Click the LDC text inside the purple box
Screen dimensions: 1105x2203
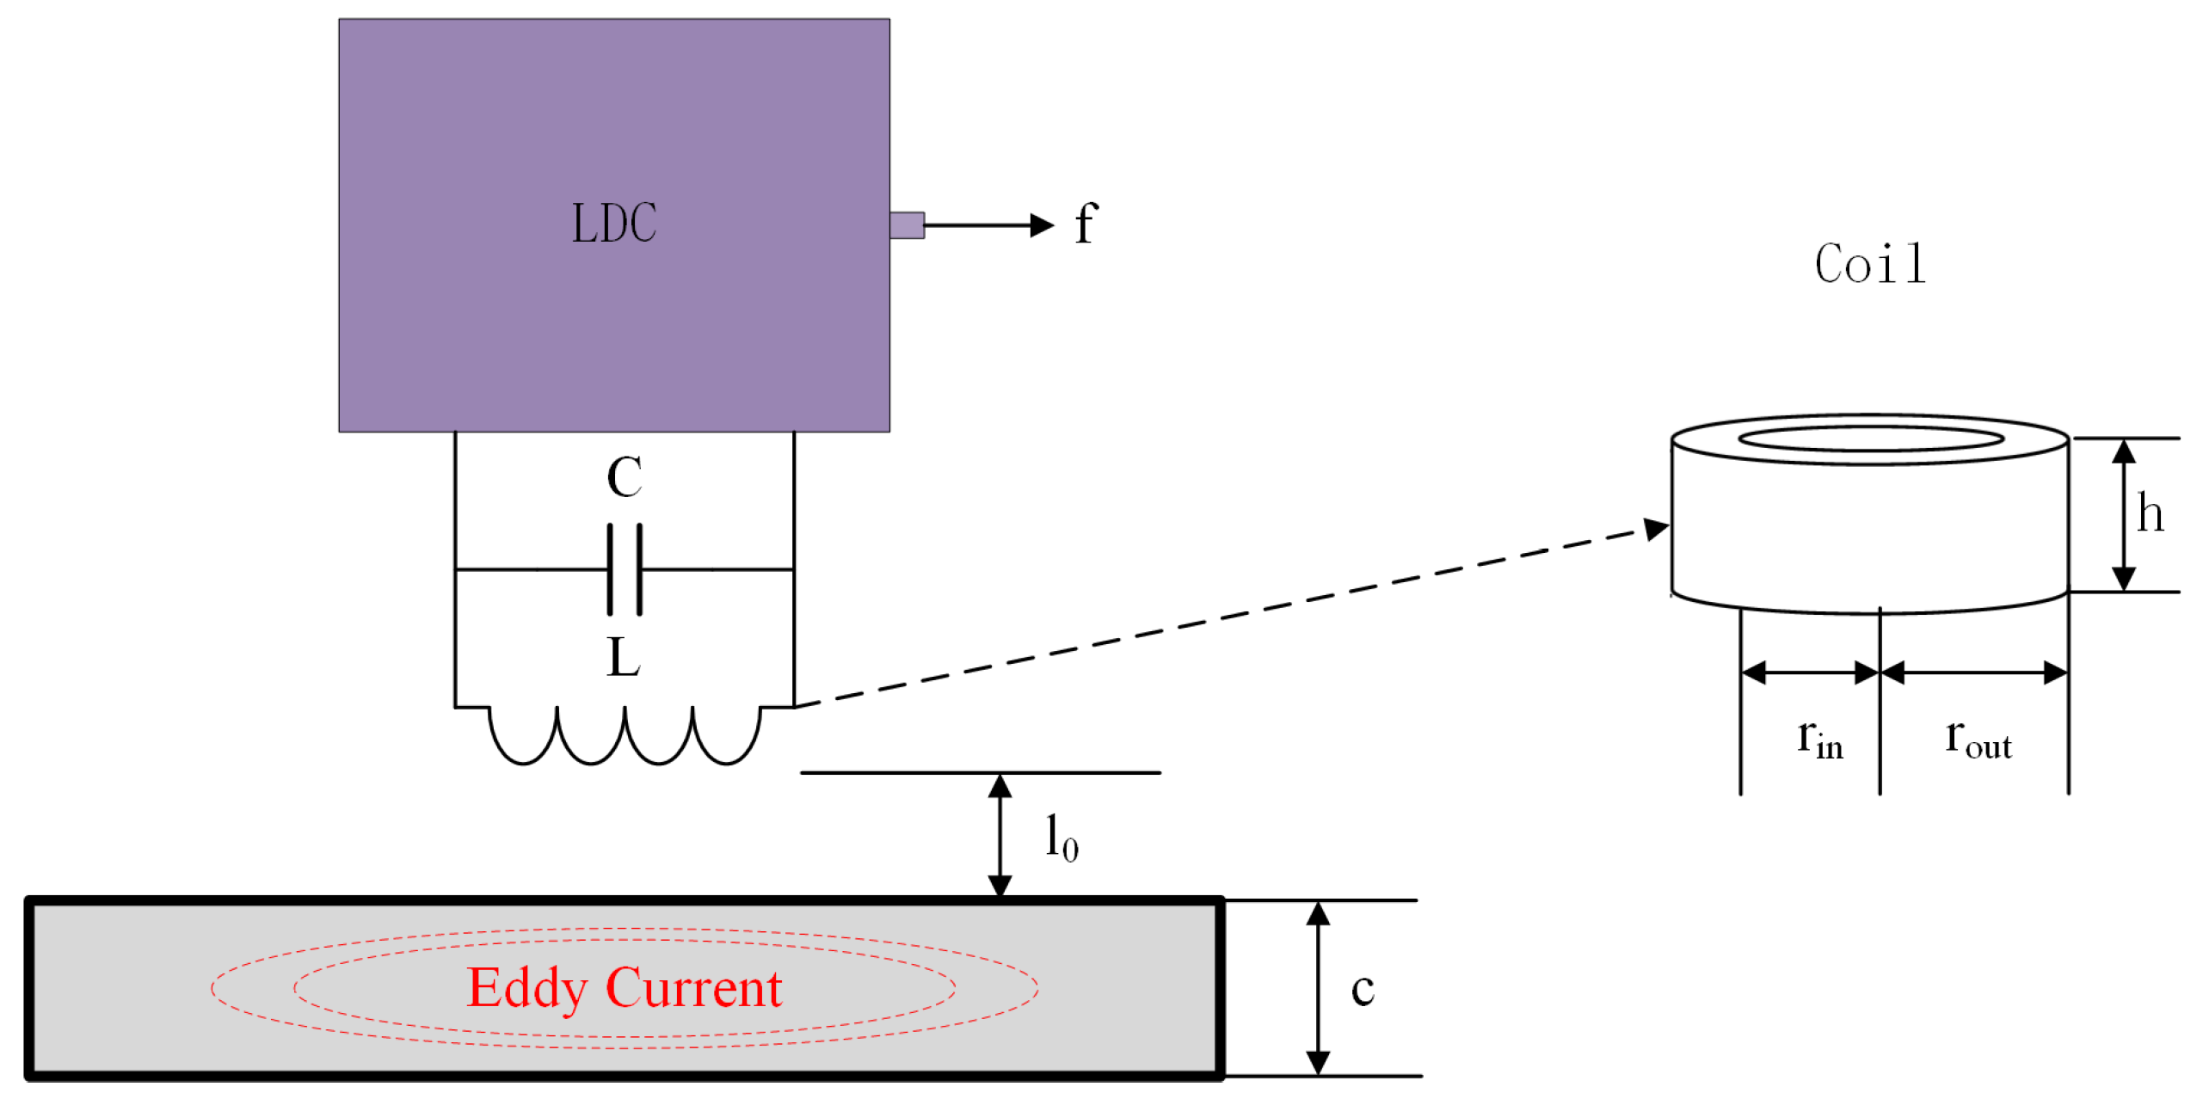[x=614, y=224]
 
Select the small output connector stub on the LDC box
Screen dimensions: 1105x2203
[x=907, y=225]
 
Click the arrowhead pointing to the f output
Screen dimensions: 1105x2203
[x=1041, y=225]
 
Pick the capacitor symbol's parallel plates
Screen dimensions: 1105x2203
[x=625, y=569]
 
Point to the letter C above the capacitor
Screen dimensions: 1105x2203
[x=625, y=477]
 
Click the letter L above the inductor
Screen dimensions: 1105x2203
[x=623, y=658]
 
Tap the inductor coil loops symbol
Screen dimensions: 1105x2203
[x=625, y=735]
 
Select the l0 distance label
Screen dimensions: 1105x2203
[x=1061, y=838]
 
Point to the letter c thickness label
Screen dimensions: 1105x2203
[x=1363, y=989]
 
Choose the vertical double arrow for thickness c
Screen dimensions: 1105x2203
[x=1318, y=988]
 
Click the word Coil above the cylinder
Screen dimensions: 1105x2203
[x=1870, y=264]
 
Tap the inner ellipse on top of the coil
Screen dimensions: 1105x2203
[x=1870, y=439]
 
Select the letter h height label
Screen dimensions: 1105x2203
[x=2150, y=514]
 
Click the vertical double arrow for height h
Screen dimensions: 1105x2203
[x=2124, y=514]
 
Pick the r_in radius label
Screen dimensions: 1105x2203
[x=1820, y=740]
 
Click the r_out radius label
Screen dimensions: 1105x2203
[x=1978, y=740]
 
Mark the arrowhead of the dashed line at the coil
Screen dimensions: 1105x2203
[x=1656, y=528]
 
